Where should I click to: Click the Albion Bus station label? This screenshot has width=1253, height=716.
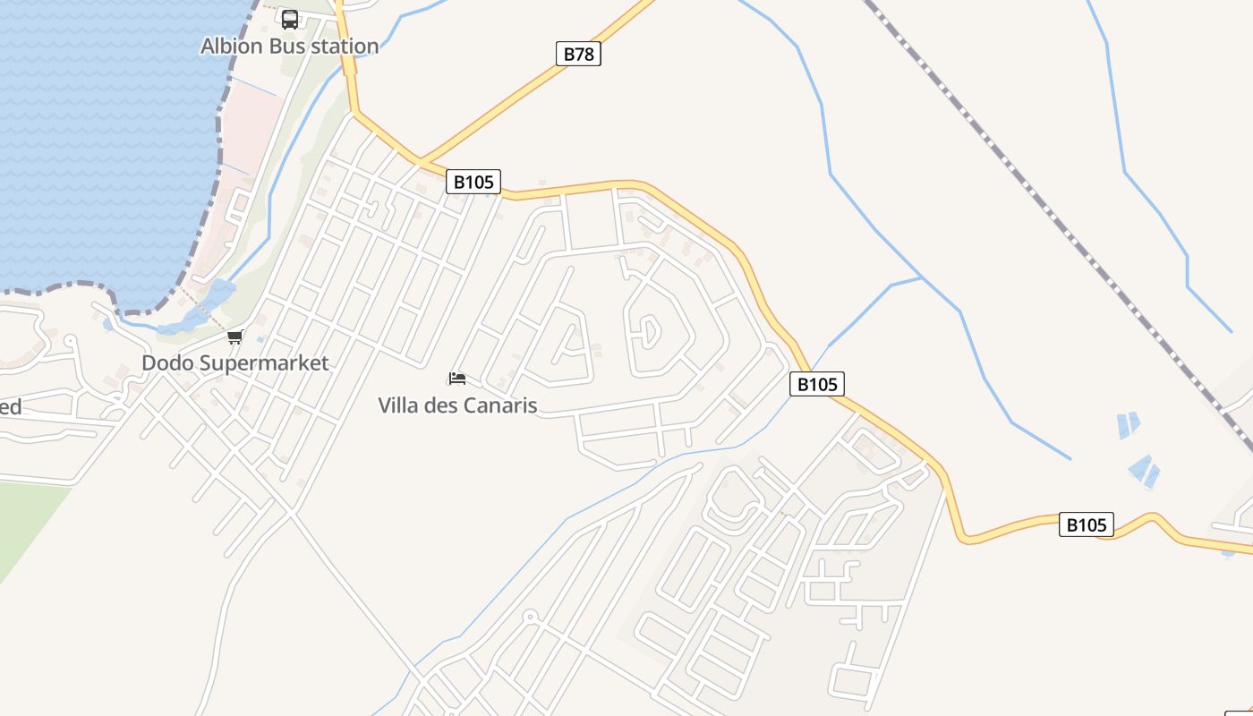click(289, 46)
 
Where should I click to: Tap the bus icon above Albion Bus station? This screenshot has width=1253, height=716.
click(290, 19)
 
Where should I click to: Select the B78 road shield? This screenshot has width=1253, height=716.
click(578, 54)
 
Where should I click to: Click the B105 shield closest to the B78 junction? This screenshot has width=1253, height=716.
click(473, 182)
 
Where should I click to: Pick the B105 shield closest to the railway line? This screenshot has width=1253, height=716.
click(1087, 524)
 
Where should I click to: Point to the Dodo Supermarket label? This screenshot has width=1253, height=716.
click(235, 362)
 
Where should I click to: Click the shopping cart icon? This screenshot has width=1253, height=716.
click(235, 337)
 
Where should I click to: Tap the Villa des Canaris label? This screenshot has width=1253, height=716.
click(457, 405)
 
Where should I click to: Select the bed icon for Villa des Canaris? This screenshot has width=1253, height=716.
click(457, 379)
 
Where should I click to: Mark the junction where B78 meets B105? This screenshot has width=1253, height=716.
click(421, 161)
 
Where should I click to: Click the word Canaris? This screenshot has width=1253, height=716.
click(498, 405)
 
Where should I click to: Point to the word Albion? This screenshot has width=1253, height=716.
click(227, 46)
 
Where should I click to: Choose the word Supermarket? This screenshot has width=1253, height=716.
click(266, 362)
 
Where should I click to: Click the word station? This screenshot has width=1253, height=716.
click(345, 46)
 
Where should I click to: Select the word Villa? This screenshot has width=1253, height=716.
click(398, 405)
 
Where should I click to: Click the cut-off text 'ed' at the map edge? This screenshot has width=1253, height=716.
click(10, 407)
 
